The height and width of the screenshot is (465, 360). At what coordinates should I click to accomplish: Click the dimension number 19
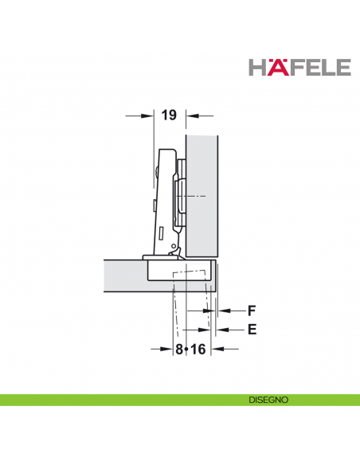(168, 116)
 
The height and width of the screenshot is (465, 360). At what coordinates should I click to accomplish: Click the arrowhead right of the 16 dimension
(217, 349)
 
